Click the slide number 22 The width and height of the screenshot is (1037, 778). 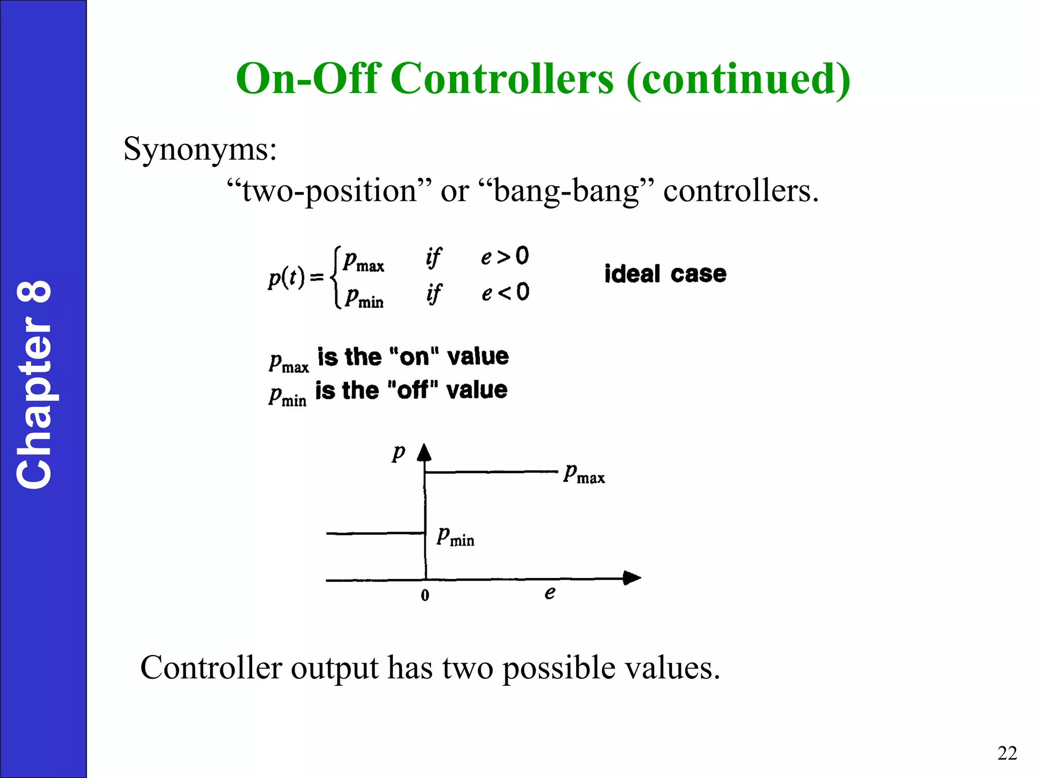[x=1007, y=753]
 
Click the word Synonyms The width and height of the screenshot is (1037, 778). [x=200, y=149]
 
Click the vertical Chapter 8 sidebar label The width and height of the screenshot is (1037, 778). [x=34, y=385]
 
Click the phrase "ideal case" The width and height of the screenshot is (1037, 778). [x=665, y=274]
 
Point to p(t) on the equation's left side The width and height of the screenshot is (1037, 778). [x=287, y=278]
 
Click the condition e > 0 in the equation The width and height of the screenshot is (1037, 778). [x=504, y=256]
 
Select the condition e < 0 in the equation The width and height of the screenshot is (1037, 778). [x=505, y=293]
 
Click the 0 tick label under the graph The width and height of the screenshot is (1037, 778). [x=425, y=595]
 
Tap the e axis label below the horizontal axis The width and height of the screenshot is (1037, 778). [x=550, y=593]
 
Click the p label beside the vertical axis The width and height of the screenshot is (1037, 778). [x=398, y=452]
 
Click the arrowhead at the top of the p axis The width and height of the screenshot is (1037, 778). [x=424, y=452]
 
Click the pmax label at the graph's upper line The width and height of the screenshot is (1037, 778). [x=584, y=474]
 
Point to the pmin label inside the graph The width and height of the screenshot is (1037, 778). [x=455, y=536]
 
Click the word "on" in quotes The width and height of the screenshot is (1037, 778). [x=414, y=357]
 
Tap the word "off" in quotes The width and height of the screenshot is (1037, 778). [x=412, y=391]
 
